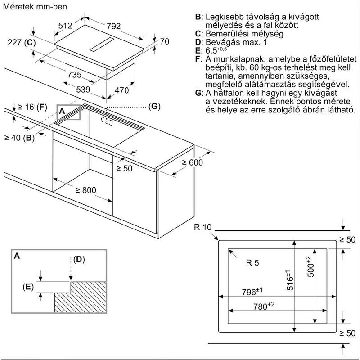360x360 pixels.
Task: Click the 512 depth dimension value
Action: click(65, 26)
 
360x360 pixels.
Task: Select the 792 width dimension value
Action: click(114, 26)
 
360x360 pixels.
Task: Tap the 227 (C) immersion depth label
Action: click(22, 42)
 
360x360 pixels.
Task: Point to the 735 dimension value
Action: click(75, 75)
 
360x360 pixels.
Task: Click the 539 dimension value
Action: click(83, 89)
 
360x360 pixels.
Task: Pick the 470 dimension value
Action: click(121, 90)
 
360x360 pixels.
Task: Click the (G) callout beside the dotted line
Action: click(154, 106)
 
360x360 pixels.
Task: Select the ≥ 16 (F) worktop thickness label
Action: click(32, 107)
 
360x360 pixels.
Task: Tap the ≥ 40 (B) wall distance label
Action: click(19, 138)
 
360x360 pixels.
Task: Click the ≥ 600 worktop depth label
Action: click(193, 162)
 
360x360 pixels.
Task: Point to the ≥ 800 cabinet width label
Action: click(85, 190)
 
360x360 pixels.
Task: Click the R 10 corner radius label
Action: click(203, 227)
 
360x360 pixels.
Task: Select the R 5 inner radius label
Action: click(252, 263)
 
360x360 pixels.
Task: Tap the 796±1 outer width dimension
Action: click(252, 292)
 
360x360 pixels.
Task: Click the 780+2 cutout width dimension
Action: click(264, 306)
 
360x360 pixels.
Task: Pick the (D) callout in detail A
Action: click(79, 260)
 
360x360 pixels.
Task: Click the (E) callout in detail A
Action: click(28, 287)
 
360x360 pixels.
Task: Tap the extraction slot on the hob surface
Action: click(102, 44)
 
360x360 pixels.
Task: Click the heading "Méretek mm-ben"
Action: click(35, 6)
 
